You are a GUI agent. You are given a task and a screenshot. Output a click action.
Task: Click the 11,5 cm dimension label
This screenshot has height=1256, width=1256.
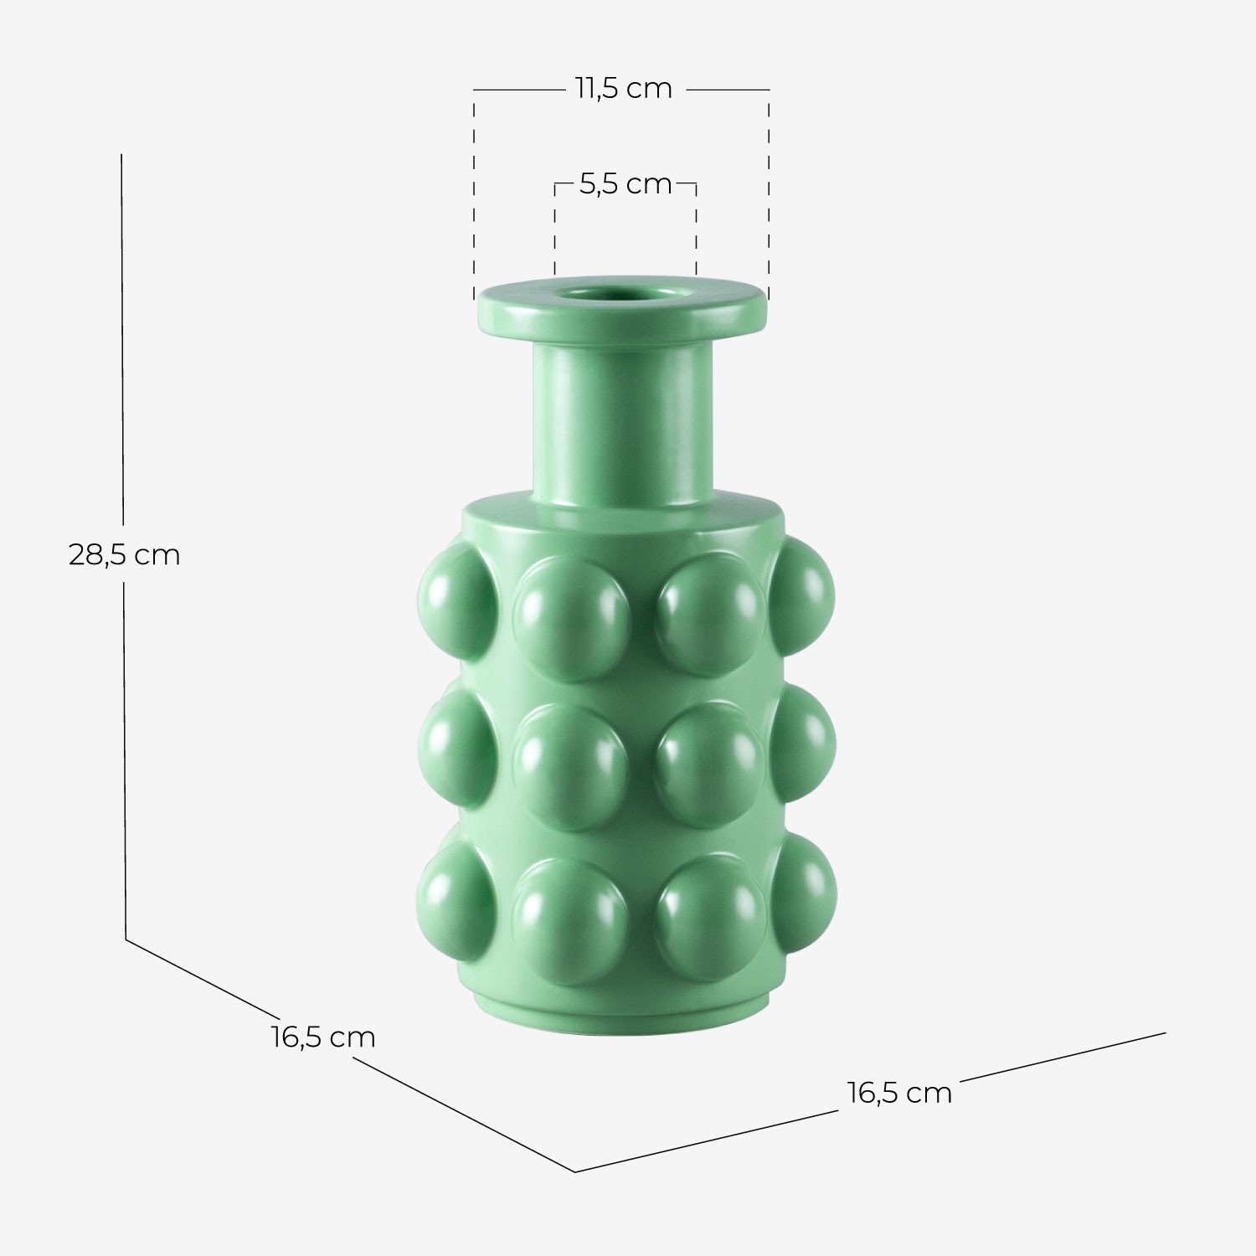click(623, 89)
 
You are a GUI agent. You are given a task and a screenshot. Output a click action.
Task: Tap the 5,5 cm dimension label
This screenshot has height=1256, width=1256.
click(625, 184)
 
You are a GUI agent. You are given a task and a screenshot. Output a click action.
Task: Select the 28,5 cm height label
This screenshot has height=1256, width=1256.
click(124, 555)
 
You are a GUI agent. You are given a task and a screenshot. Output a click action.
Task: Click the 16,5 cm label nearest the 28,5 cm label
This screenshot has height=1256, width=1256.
click(322, 1037)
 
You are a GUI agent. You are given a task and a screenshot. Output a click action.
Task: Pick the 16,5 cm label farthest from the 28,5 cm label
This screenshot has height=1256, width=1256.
click(899, 1093)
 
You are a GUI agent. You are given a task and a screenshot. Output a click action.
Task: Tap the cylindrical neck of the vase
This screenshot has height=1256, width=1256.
click(623, 419)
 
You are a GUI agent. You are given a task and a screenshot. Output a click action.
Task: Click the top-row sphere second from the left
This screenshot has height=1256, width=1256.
click(570, 618)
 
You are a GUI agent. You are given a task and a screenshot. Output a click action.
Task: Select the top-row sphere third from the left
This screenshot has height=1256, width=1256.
click(709, 614)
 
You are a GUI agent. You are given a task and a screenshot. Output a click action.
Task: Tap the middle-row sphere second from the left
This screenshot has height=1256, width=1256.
click(570, 766)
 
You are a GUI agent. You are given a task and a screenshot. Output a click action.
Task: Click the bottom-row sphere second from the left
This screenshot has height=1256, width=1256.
click(570, 919)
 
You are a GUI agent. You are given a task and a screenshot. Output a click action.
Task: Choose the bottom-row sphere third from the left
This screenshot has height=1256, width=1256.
click(709, 917)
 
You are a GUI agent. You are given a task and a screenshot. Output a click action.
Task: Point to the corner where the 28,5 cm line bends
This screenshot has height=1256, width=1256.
click(126, 939)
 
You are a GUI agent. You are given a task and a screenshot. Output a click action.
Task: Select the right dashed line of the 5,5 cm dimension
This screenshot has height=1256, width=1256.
click(696, 230)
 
